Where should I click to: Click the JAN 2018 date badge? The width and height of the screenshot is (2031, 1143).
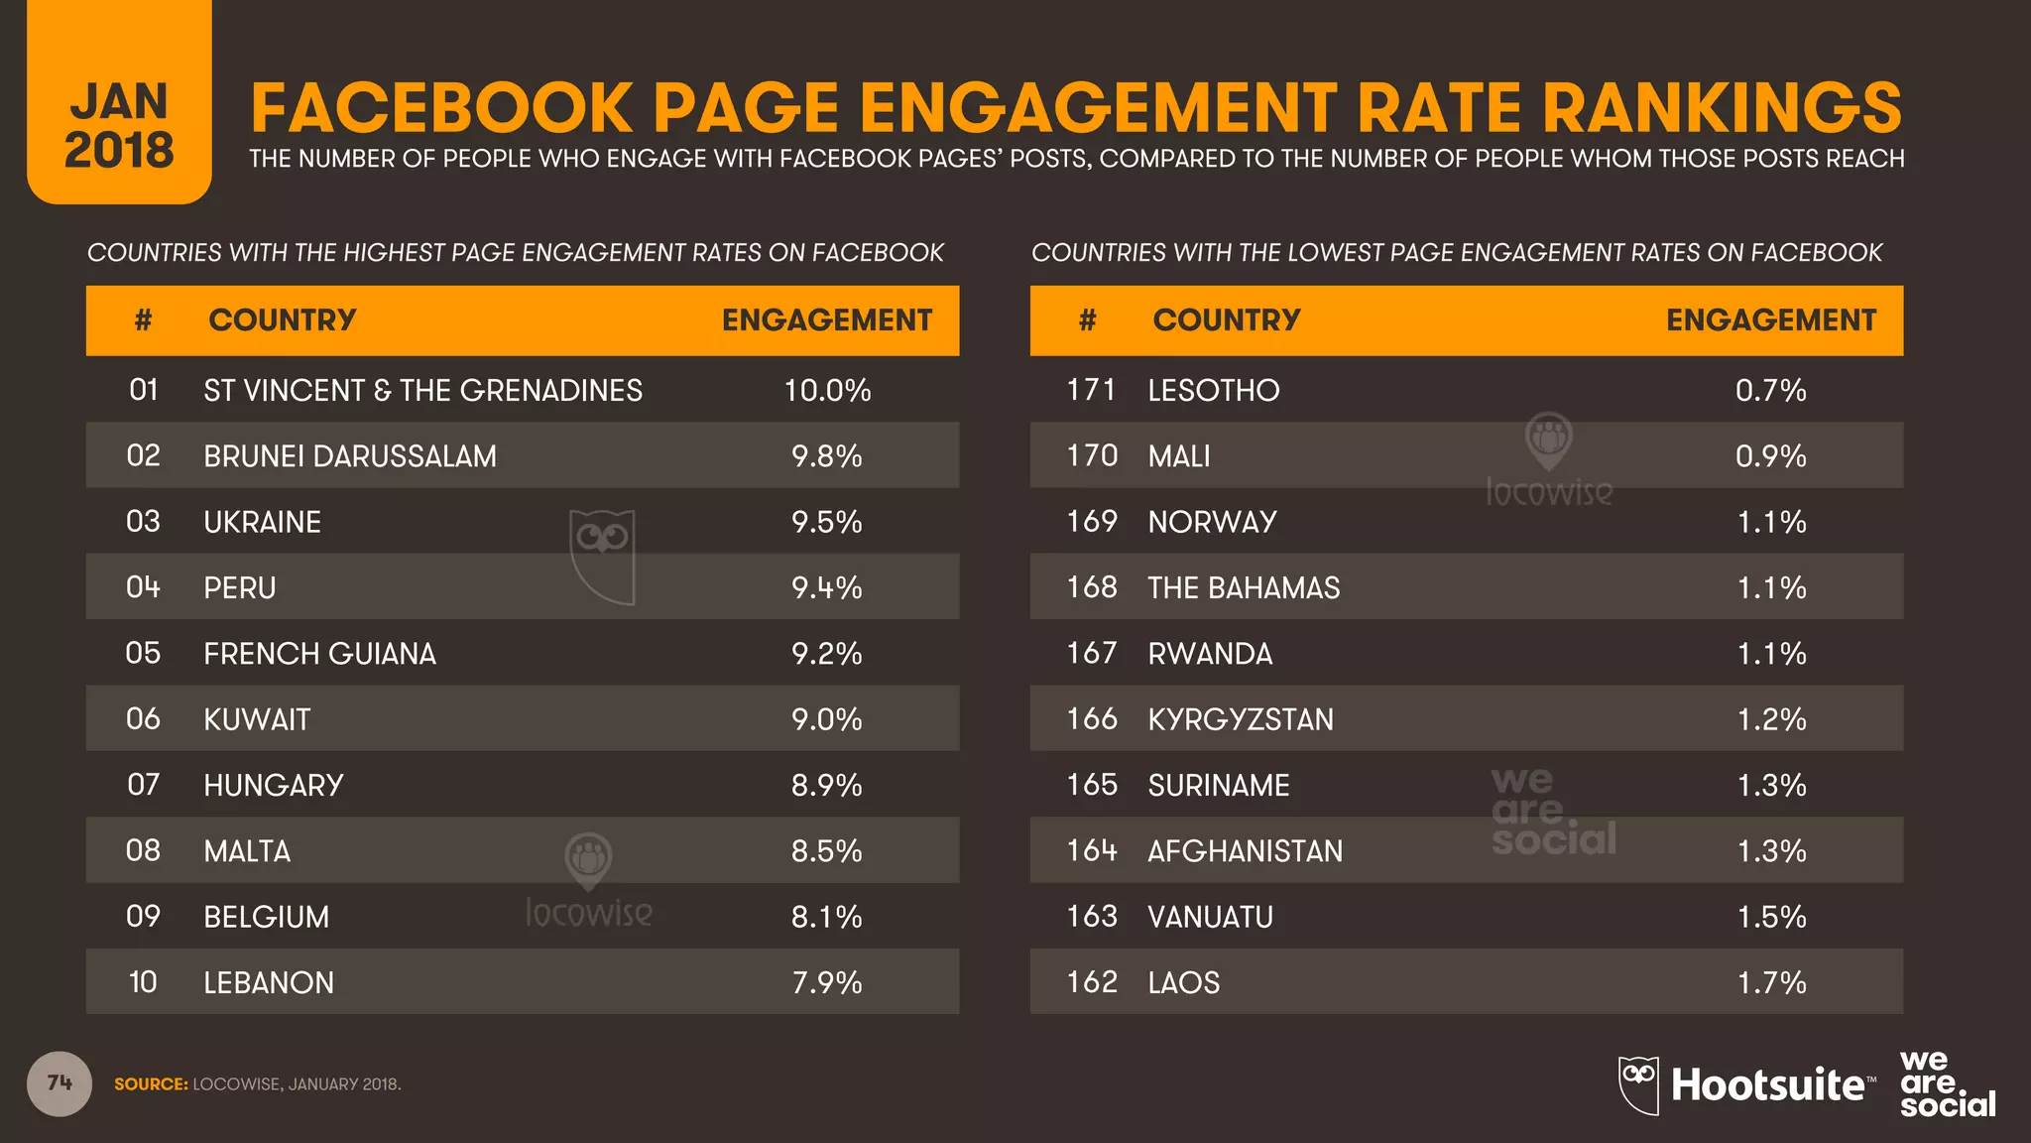[x=119, y=125]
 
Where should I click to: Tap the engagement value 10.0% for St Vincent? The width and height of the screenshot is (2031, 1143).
[x=827, y=390]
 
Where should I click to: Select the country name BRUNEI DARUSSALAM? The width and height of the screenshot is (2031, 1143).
[x=349, y=456]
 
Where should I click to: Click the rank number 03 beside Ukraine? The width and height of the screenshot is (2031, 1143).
[x=143, y=522]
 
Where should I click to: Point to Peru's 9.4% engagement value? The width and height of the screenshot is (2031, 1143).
[x=826, y=587]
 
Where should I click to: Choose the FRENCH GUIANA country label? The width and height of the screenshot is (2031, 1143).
[x=319, y=654]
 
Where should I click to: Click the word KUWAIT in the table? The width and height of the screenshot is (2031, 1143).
[x=257, y=719]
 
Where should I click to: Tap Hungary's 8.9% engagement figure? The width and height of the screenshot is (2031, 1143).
[x=826, y=785]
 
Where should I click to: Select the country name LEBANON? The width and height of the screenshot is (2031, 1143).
[x=269, y=982]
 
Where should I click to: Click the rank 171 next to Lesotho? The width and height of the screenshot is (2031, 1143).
[x=1091, y=390]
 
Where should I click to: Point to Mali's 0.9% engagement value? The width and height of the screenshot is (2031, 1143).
[x=1770, y=456]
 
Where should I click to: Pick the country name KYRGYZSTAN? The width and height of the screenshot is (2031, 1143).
[x=1241, y=719]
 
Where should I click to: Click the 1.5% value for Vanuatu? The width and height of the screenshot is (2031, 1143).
[x=1771, y=917]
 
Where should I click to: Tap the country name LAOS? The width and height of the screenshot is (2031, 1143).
[x=1183, y=982]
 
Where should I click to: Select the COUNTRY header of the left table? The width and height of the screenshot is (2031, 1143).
[x=282, y=320]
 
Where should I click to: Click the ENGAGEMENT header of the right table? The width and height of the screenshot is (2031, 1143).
[x=1770, y=320]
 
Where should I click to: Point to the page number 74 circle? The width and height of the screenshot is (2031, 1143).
[x=60, y=1083]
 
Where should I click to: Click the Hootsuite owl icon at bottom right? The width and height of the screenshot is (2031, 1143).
[x=1638, y=1084]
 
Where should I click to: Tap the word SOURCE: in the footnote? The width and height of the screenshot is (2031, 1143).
[x=151, y=1084]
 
